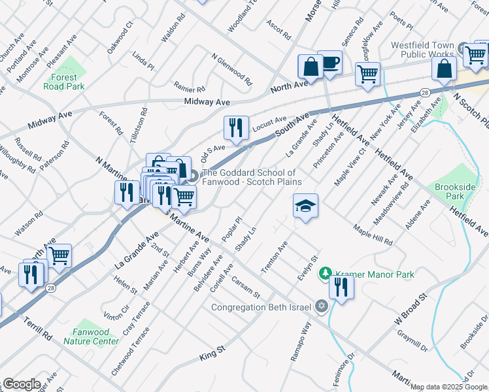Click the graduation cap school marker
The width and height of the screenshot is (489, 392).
(305, 206)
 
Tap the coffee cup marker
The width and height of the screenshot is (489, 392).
(329, 63)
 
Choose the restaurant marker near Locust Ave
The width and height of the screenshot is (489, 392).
(236, 127)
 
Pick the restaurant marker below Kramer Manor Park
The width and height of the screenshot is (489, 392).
(341, 287)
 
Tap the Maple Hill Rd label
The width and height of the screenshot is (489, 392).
(373, 235)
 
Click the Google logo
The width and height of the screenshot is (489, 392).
(22, 384)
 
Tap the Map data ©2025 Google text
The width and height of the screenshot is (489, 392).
(448, 387)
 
